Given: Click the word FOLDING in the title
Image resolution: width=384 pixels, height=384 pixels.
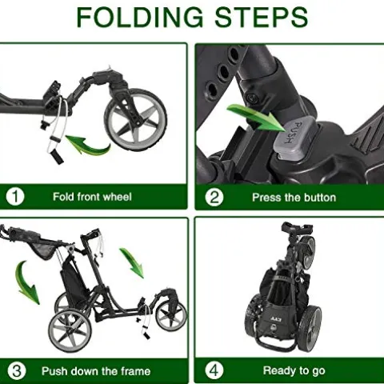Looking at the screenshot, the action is click(x=140, y=18).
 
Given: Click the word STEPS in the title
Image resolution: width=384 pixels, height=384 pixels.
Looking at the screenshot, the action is click(x=262, y=18).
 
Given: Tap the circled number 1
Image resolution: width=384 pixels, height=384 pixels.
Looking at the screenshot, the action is click(x=15, y=197).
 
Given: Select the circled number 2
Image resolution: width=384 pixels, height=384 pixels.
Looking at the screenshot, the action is click(x=214, y=198).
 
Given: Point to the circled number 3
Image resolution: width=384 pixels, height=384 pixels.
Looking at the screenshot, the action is click(x=17, y=371).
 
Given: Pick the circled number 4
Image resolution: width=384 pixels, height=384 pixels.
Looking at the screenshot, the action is click(x=214, y=370).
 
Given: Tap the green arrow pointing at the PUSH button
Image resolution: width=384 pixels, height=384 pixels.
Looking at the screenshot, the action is click(x=256, y=118).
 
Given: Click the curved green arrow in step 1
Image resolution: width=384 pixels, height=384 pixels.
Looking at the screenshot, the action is click(x=88, y=146).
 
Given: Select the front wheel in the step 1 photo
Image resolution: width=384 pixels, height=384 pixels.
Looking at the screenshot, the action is click(x=135, y=119).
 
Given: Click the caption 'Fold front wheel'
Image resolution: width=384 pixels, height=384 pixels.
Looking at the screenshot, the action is click(x=92, y=197).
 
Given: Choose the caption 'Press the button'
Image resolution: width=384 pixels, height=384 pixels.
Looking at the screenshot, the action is click(x=294, y=198).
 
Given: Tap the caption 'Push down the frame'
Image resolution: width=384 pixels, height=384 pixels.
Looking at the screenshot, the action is click(x=96, y=371).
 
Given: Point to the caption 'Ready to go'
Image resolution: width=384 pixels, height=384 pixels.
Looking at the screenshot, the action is click(x=294, y=370).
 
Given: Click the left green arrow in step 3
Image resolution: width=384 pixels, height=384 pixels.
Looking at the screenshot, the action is click(x=26, y=282).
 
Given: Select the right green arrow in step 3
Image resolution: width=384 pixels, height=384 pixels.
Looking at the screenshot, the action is click(x=132, y=262).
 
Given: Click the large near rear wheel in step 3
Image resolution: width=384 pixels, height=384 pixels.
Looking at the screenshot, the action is click(x=70, y=330).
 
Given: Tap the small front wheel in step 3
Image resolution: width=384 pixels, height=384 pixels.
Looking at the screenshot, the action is click(x=171, y=316).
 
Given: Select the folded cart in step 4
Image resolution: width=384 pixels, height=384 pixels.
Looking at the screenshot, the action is click(x=284, y=287).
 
